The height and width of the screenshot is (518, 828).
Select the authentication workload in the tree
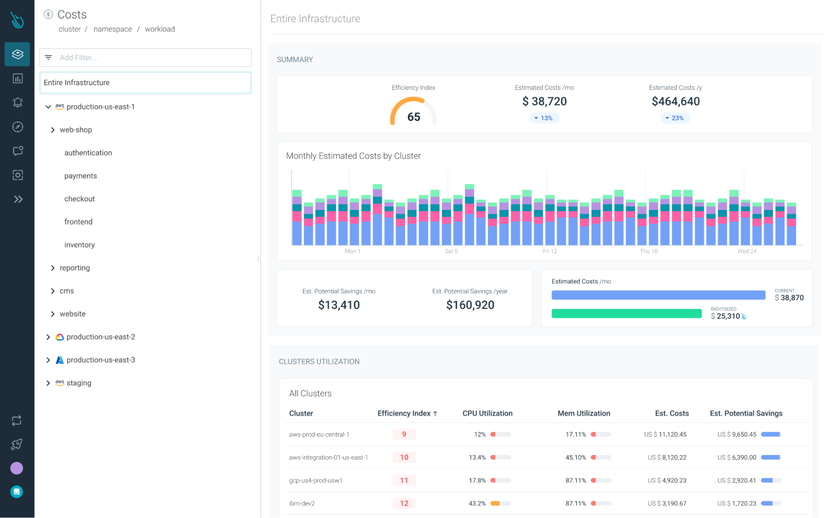(88, 153)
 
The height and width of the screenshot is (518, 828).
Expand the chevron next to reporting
(53, 268)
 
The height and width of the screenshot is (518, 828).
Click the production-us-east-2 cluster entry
(101, 337)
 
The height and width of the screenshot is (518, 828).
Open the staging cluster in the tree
(79, 383)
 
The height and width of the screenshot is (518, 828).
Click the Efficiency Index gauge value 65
(413, 117)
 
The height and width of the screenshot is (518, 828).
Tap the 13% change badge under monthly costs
(544, 118)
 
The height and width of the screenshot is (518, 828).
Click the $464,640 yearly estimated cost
(675, 102)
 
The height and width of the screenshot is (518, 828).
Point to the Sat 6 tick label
(451, 251)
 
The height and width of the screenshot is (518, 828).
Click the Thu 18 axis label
(648, 251)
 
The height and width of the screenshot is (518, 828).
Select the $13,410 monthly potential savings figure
(339, 305)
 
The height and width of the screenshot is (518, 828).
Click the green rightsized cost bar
(626, 314)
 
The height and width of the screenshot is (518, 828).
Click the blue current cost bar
(658, 295)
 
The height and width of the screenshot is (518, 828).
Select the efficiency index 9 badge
(404, 434)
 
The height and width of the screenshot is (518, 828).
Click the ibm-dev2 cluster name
(302, 503)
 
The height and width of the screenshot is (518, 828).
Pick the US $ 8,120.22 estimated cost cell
(667, 457)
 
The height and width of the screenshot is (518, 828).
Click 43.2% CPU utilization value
(477, 503)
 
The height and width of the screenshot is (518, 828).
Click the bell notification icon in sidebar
(17, 102)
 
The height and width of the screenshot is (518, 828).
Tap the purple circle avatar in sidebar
(17, 468)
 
